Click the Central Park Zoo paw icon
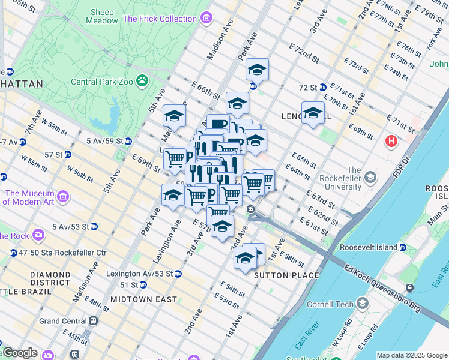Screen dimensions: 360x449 [142, 80]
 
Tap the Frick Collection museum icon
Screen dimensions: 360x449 [206, 19]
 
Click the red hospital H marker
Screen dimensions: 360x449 [391, 142]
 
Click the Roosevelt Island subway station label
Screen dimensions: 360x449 [377, 247]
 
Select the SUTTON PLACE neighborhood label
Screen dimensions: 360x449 [286, 275]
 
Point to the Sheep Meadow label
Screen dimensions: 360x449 [104, 16]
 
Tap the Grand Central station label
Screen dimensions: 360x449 [63, 321]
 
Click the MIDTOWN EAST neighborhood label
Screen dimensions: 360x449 [143, 299]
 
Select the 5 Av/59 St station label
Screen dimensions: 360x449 [104, 141]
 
